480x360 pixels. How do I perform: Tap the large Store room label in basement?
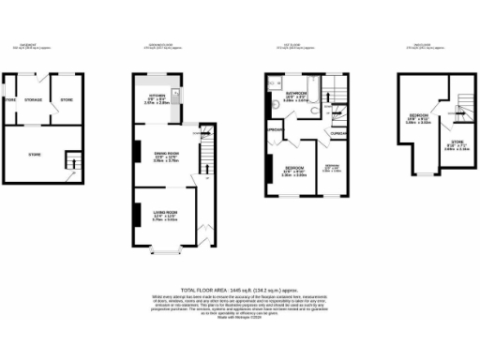[35, 154]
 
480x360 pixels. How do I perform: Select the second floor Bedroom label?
[417, 120]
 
